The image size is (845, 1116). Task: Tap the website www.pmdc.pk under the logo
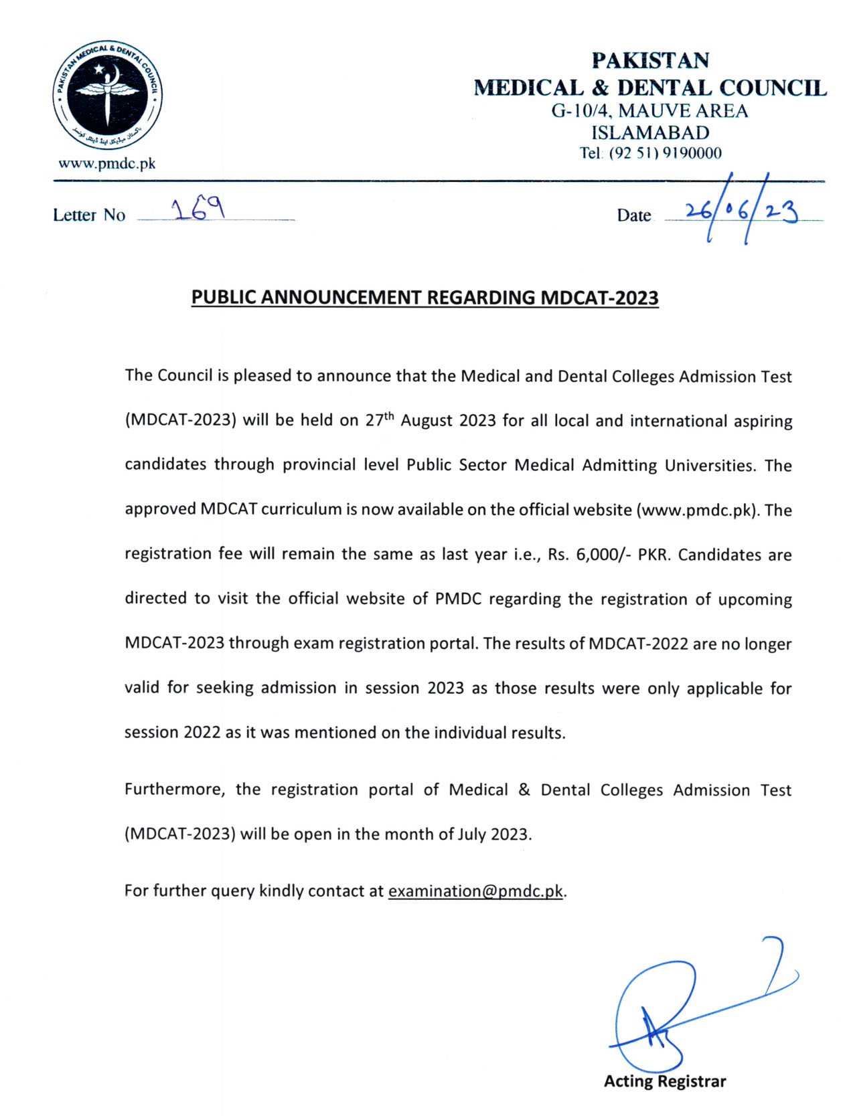107,163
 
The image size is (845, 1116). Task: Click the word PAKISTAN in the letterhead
650,60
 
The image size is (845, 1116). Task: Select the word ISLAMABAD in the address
649,132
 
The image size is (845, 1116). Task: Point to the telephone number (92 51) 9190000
665,153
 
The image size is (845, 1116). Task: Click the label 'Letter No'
89,215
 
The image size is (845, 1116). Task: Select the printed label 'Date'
633,215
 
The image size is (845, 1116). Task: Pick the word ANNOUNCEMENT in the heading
341,297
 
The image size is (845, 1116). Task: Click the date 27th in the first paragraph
380,420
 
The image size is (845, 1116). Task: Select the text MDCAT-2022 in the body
638,644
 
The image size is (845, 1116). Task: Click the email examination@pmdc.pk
475,891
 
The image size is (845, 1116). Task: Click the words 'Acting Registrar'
664,1081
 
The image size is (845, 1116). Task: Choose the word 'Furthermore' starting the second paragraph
175,789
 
